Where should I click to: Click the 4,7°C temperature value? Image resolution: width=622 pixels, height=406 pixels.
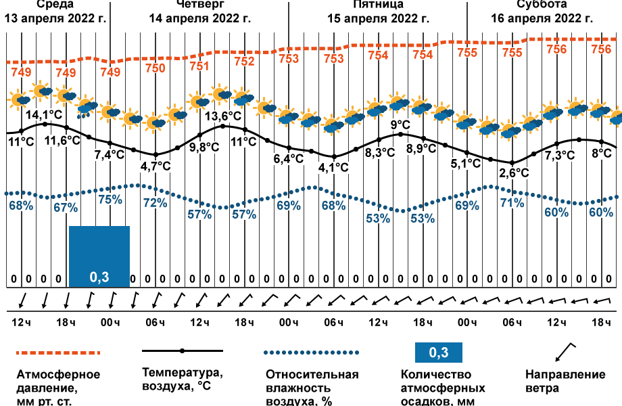point(155,166)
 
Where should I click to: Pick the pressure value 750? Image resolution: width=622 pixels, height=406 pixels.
point(155,68)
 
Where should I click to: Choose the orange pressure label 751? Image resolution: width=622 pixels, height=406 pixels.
point(199,66)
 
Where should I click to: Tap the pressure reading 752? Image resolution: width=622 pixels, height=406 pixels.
point(244,62)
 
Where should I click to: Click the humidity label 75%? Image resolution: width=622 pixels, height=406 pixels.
point(110,200)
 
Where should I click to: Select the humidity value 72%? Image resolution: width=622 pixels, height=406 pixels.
point(155,202)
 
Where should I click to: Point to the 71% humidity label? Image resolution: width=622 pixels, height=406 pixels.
point(512,202)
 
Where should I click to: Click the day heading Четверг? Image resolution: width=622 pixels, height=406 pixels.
point(199,5)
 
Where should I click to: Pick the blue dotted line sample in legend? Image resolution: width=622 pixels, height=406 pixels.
point(310,353)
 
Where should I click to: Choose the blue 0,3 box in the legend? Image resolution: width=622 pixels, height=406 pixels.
point(439,353)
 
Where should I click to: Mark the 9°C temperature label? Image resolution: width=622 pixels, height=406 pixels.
point(401,125)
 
